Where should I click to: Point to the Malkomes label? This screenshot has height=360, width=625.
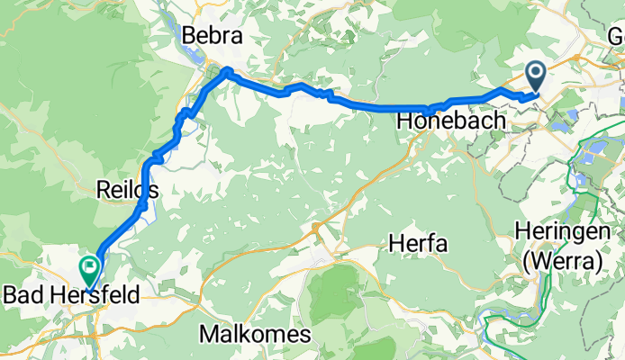point(256,335)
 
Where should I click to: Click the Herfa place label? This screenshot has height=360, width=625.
point(417,242)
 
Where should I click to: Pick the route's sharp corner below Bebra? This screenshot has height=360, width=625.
point(227,71)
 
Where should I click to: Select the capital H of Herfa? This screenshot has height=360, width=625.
point(394,242)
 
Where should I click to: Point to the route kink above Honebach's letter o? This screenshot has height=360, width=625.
point(429,109)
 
